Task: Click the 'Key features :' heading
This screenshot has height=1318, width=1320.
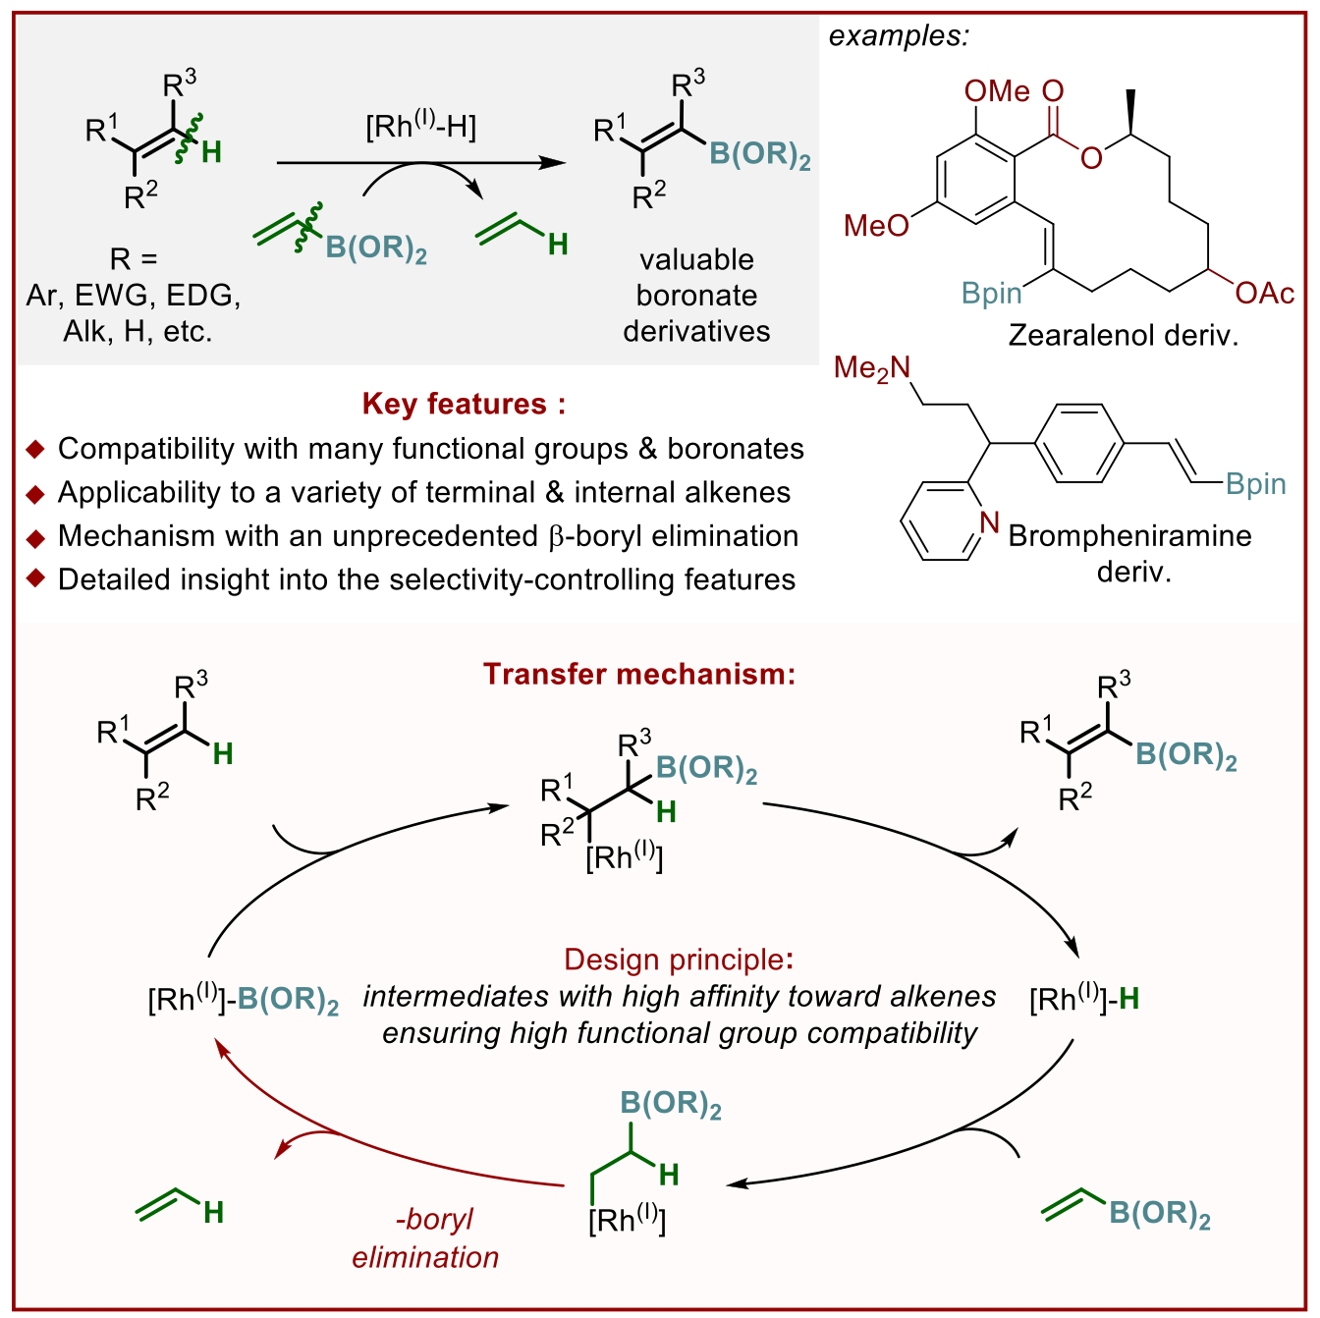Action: [x=464, y=404]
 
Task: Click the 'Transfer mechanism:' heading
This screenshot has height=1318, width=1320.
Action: [x=638, y=674]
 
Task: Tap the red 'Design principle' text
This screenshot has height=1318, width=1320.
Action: [x=677, y=959]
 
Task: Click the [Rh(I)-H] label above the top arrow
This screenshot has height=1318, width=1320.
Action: [x=420, y=127]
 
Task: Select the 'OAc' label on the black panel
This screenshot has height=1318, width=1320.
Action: [x=1264, y=293]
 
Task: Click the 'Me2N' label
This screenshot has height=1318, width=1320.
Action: [x=871, y=368]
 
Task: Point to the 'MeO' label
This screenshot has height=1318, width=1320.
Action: [x=876, y=226]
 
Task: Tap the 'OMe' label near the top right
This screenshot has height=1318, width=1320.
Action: [x=997, y=91]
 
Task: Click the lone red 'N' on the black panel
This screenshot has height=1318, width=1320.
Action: [x=990, y=522]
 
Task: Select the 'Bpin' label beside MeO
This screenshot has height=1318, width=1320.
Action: [x=991, y=293]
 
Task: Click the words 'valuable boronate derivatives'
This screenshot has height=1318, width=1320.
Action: [x=696, y=295]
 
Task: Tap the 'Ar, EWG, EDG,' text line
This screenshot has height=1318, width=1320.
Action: [x=134, y=295]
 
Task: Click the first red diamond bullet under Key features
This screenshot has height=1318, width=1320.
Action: [x=35, y=450]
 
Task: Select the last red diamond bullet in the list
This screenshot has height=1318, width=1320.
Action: [x=35, y=577]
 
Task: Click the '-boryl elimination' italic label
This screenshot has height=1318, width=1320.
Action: [x=425, y=1237]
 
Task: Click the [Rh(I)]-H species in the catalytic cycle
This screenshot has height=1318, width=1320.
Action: [x=1083, y=999]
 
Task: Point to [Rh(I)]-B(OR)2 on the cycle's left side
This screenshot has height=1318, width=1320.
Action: [x=243, y=999]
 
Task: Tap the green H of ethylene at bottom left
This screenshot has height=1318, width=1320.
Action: [x=213, y=1213]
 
